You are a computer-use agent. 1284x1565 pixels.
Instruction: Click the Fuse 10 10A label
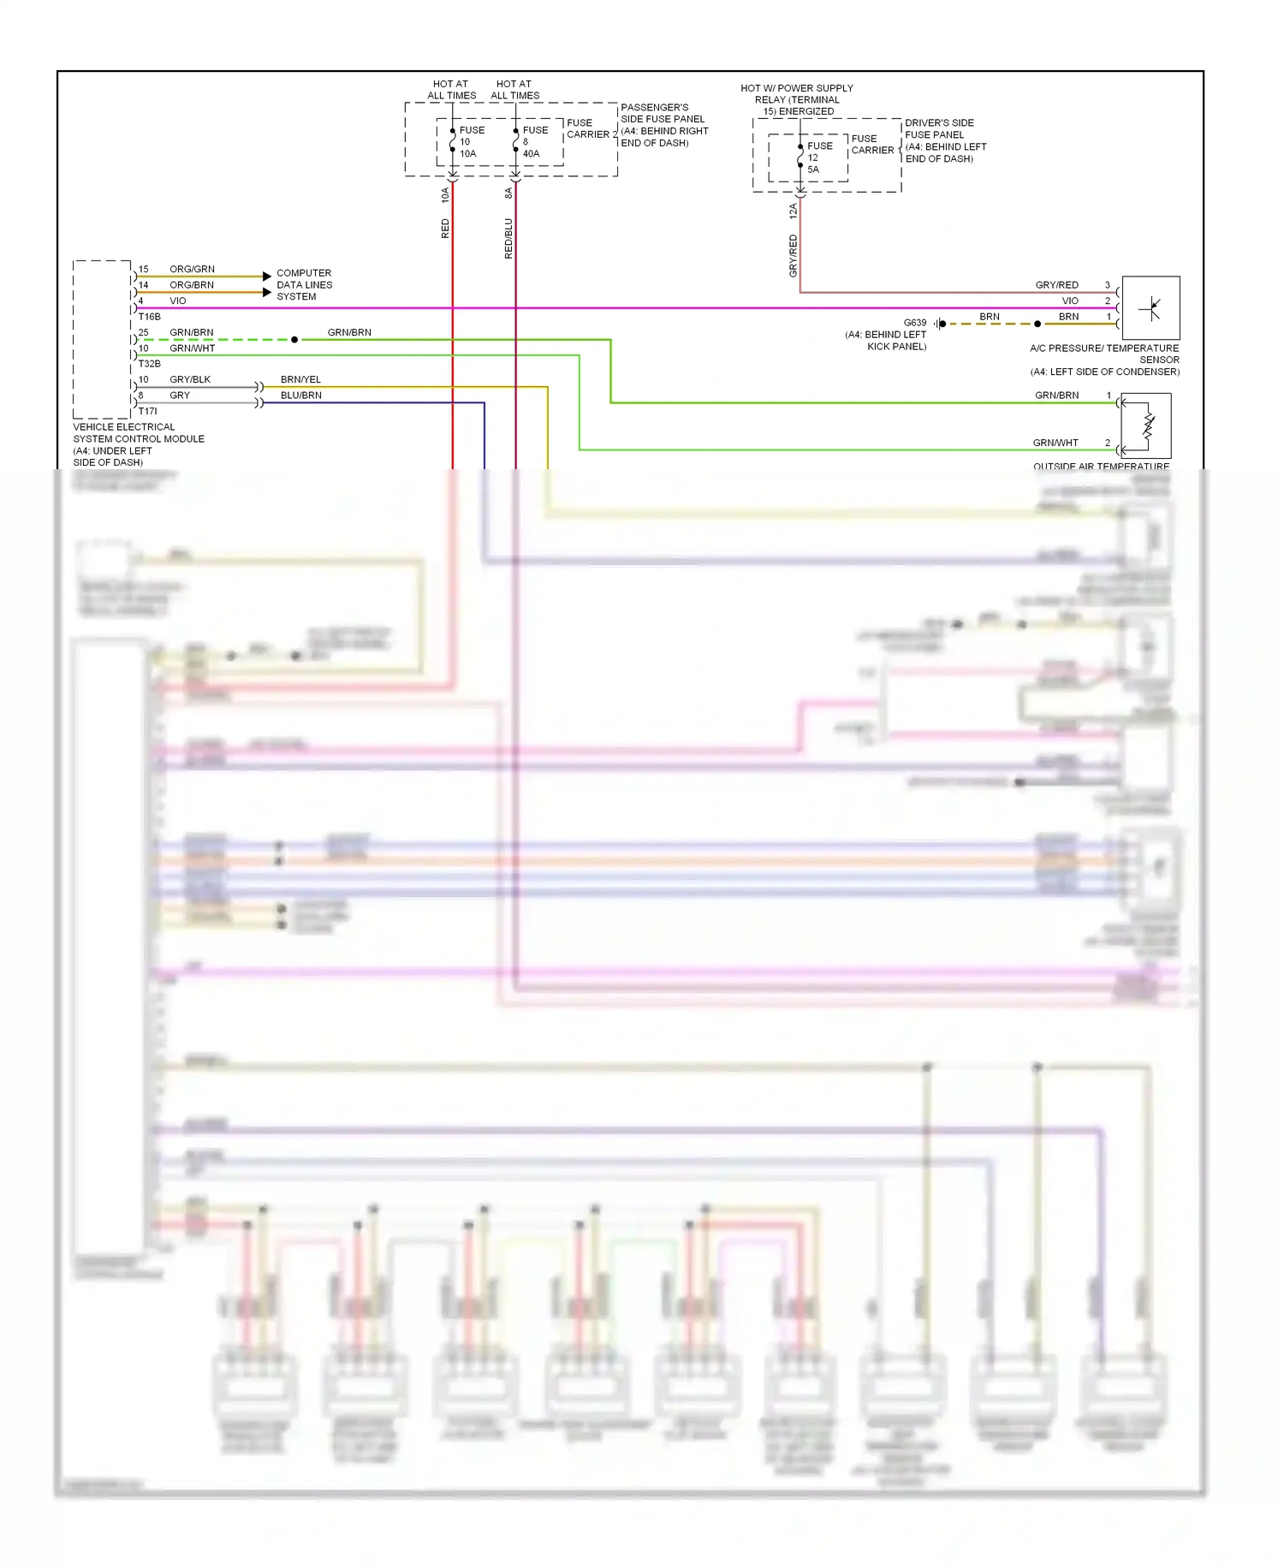(471, 142)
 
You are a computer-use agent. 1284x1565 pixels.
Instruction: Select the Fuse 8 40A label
(534, 142)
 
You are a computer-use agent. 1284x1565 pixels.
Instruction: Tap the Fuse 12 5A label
(819, 158)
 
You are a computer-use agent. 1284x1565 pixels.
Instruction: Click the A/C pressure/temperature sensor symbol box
(1150, 307)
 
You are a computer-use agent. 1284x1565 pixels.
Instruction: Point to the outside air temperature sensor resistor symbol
(1148, 426)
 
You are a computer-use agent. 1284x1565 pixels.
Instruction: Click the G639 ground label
(914, 323)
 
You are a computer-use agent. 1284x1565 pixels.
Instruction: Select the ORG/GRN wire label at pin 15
(192, 269)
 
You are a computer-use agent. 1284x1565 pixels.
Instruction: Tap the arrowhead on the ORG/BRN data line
(267, 292)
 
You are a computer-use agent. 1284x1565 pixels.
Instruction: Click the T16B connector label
(149, 317)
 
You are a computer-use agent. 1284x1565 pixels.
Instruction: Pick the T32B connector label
(149, 364)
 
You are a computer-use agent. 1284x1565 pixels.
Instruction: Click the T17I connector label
(147, 411)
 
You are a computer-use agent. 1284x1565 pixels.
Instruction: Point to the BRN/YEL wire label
(300, 379)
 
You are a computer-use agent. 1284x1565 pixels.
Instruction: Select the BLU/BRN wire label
(300, 396)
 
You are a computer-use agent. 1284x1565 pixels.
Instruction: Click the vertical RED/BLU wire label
(508, 238)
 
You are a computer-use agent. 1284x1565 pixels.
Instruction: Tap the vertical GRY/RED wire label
(793, 255)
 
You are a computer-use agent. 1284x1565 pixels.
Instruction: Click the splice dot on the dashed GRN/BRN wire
(294, 340)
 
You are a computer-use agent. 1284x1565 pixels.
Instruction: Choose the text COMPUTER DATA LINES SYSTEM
(303, 284)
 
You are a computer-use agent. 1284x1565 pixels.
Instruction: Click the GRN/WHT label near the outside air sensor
(1055, 443)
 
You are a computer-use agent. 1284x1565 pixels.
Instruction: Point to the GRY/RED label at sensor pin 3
(1056, 285)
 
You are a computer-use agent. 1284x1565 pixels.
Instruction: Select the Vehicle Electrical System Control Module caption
(138, 443)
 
